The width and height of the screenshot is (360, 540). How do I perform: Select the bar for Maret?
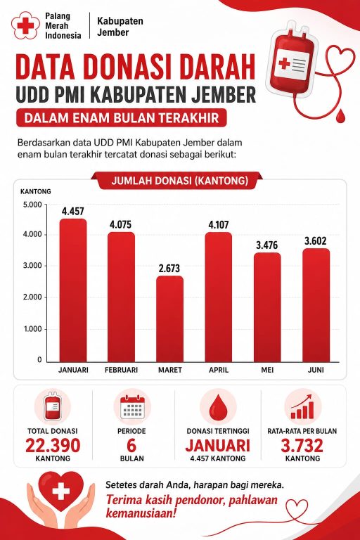pos(170,319)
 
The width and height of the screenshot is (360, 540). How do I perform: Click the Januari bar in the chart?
pos(73,290)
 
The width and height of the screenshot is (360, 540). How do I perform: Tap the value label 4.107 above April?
pos(219,225)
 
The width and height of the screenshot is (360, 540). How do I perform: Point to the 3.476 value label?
pos(267,245)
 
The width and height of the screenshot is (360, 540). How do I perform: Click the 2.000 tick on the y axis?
pos(32,297)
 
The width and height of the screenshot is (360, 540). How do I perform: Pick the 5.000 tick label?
pos(32,205)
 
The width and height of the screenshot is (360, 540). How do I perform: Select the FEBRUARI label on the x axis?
pos(121,370)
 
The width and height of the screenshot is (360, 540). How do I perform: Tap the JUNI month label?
pos(316,370)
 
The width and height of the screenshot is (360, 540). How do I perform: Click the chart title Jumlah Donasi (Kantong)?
pos(180,181)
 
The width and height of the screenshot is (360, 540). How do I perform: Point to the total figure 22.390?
pos(53,445)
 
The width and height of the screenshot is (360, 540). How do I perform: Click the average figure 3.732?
pos(302,445)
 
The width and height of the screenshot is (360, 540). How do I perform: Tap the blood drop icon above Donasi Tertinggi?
pos(218,409)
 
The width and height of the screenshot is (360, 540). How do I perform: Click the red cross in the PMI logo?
pos(25,25)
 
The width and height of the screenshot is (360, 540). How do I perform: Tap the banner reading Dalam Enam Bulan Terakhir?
pos(121,118)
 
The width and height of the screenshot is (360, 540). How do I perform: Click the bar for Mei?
pos(267,307)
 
